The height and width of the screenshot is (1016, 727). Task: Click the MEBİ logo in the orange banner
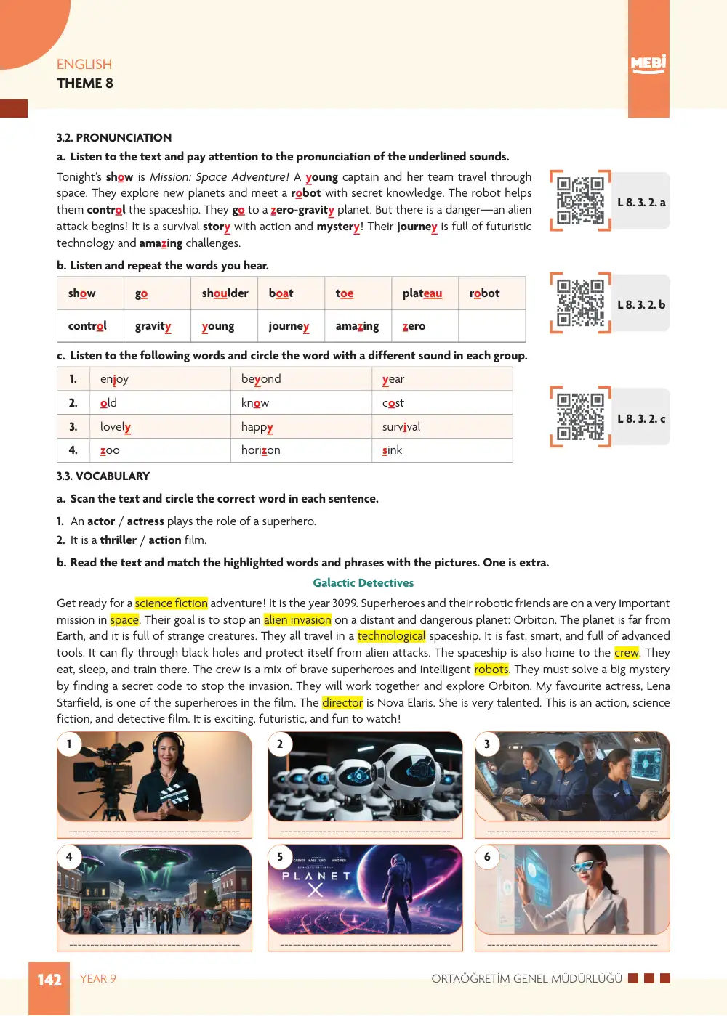pyautogui.click(x=648, y=63)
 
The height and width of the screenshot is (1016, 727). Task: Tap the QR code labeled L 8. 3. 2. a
pyautogui.click(x=580, y=201)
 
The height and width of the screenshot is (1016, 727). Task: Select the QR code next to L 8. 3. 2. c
pyautogui.click(x=580, y=417)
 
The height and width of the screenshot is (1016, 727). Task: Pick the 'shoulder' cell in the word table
pyautogui.click(x=225, y=293)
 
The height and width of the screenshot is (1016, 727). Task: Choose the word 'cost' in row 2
pyautogui.click(x=393, y=403)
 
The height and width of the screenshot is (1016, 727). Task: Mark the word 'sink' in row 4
pyautogui.click(x=393, y=450)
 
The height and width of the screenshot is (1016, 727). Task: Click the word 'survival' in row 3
pyautogui.click(x=401, y=426)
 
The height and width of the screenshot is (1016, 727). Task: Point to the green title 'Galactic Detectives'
pyautogui.click(x=363, y=583)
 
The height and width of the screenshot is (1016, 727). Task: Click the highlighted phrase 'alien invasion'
pyautogui.click(x=297, y=619)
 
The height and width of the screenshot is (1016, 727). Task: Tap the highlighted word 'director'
pyautogui.click(x=342, y=702)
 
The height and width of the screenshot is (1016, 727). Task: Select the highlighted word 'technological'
pyautogui.click(x=391, y=636)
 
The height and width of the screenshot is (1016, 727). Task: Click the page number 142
pyautogui.click(x=49, y=980)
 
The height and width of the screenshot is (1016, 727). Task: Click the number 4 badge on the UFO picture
pyautogui.click(x=69, y=857)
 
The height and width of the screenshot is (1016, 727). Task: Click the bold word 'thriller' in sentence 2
pyautogui.click(x=118, y=540)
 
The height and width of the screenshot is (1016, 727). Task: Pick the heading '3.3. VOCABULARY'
pyautogui.click(x=103, y=476)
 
